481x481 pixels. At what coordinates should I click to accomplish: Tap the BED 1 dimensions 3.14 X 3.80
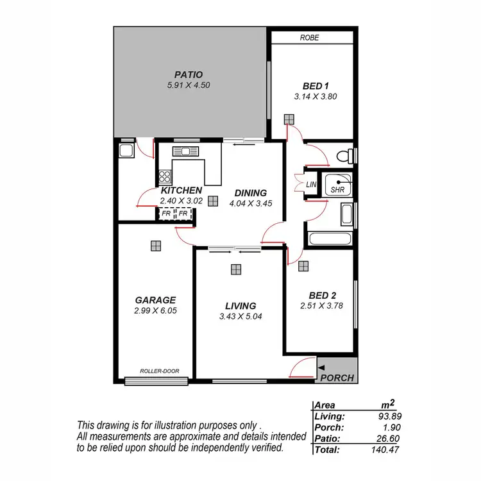click(x=315, y=97)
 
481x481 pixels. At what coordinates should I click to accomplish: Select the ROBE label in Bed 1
click(x=309, y=38)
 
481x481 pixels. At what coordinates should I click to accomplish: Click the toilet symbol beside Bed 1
click(x=346, y=156)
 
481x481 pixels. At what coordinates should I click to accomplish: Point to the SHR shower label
click(x=337, y=190)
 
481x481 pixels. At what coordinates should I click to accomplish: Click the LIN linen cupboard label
click(x=312, y=185)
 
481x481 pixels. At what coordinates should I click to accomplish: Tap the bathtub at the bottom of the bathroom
click(x=330, y=240)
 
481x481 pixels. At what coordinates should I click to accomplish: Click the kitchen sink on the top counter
click(x=186, y=151)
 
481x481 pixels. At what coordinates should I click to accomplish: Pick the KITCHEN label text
click(x=181, y=190)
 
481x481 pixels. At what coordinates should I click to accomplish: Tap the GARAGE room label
click(x=155, y=300)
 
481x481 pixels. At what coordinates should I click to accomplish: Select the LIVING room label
click(x=240, y=306)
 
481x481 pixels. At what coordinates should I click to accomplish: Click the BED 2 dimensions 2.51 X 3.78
click(x=322, y=305)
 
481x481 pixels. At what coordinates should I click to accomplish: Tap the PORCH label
click(x=337, y=378)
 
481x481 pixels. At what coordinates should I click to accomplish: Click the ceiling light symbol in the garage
click(x=155, y=244)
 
